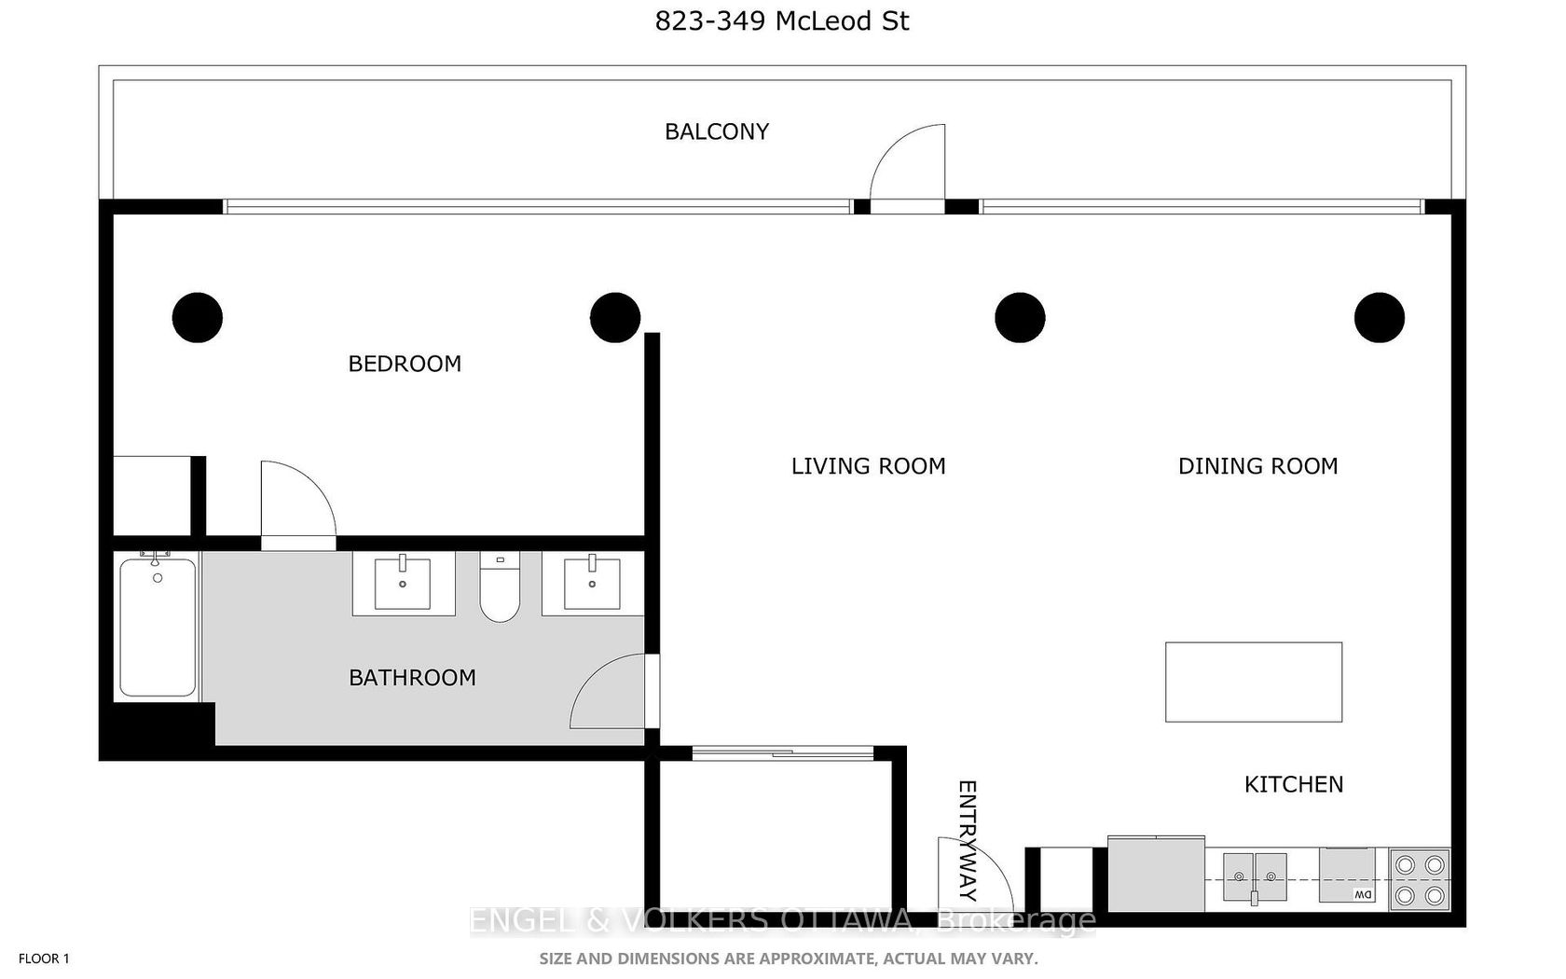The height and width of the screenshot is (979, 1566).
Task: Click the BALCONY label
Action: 717,131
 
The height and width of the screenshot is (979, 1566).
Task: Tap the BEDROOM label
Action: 405,364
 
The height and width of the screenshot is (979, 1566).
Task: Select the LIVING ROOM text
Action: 869,466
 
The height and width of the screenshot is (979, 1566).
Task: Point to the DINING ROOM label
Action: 1257,466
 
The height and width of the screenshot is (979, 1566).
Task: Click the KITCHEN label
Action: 1294,784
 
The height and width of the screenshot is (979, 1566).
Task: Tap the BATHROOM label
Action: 412,677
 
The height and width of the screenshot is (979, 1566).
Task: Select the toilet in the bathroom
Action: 500,586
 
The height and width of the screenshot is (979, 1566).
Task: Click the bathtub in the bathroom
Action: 158,626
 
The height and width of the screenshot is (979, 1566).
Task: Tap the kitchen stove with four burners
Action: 1419,879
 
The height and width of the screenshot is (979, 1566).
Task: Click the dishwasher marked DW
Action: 1346,876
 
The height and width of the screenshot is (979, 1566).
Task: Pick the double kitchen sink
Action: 1255,876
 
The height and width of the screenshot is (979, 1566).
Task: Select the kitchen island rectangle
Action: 1254,682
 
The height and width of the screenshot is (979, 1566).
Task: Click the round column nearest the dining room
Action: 1380,317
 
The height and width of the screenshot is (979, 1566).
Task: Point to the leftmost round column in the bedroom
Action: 198,317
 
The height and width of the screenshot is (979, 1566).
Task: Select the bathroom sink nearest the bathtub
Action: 403,584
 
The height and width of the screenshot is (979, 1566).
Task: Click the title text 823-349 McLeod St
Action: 781,21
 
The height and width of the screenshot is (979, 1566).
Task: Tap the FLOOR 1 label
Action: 44,958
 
